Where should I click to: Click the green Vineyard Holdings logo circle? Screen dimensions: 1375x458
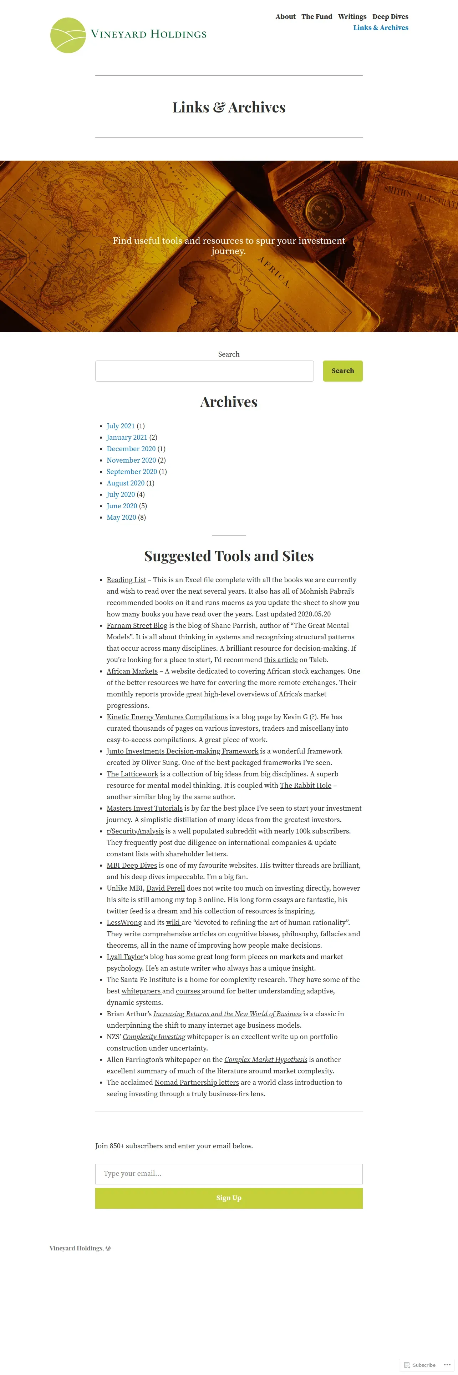click(68, 35)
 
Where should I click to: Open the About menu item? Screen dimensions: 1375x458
click(285, 16)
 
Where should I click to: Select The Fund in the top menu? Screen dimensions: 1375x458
click(317, 16)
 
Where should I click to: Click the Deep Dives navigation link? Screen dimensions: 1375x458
click(390, 16)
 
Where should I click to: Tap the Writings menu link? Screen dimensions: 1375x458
click(352, 16)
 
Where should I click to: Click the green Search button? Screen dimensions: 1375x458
click(342, 371)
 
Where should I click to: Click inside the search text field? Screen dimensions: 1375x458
click(204, 371)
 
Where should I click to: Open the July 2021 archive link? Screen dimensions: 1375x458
click(121, 426)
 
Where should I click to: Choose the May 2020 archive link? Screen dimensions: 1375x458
click(121, 517)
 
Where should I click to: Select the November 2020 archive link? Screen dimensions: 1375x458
click(131, 460)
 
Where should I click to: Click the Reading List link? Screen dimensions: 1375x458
click(126, 580)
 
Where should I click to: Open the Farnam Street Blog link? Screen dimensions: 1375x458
click(137, 626)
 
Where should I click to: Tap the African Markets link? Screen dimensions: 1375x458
click(132, 671)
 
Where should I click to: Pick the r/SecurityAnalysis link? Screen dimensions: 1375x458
click(135, 831)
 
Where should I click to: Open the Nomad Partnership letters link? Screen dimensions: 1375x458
click(196, 1083)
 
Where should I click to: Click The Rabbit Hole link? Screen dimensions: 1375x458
click(305, 785)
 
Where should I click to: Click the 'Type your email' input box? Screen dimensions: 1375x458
click(229, 1173)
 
